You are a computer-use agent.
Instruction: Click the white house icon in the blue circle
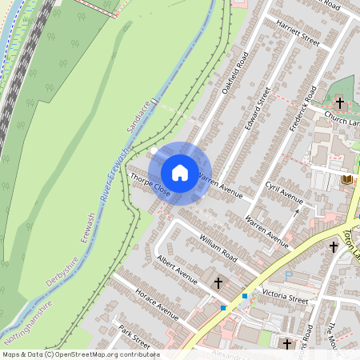[180, 173]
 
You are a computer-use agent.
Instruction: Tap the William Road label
[219, 242]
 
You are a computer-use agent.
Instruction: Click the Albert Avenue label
[177, 270]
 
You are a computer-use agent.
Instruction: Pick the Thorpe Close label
[150, 185]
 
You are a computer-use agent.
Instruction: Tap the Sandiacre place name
[138, 117]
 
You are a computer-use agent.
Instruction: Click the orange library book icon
[346, 180]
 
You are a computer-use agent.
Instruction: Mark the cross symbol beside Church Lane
[339, 104]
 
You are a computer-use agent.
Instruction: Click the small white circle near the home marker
[154, 150]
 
